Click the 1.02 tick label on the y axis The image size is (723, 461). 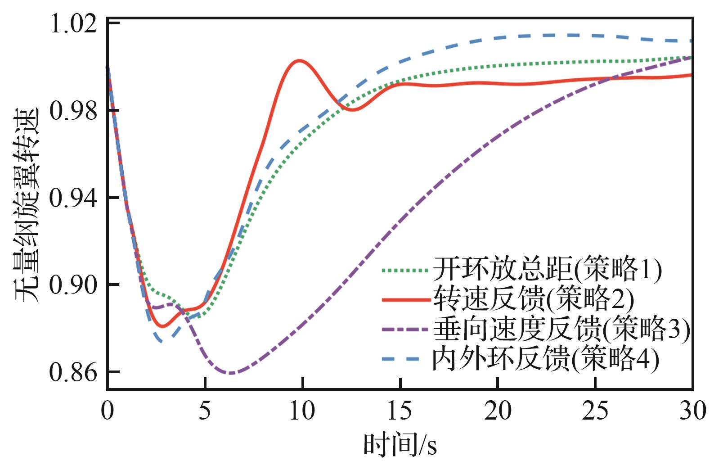(x=73, y=24)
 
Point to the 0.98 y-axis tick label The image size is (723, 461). (x=73, y=111)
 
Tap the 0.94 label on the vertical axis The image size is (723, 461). (x=73, y=198)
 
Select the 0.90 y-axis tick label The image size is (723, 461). (x=73, y=285)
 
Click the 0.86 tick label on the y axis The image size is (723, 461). (x=73, y=372)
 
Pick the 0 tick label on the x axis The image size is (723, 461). (x=108, y=410)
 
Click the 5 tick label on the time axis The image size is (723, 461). (x=205, y=410)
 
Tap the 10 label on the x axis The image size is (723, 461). (x=302, y=410)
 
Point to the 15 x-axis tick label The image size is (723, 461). (x=400, y=410)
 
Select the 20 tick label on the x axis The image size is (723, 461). (x=498, y=410)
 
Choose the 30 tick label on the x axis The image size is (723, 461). (x=693, y=410)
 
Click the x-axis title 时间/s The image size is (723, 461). (x=400, y=444)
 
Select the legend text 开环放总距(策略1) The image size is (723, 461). (x=548, y=269)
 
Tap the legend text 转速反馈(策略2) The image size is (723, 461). (x=534, y=299)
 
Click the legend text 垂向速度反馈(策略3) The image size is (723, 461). (x=561, y=329)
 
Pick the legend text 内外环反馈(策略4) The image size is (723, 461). (x=545, y=359)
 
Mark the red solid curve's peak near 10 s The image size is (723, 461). (x=299, y=60)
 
